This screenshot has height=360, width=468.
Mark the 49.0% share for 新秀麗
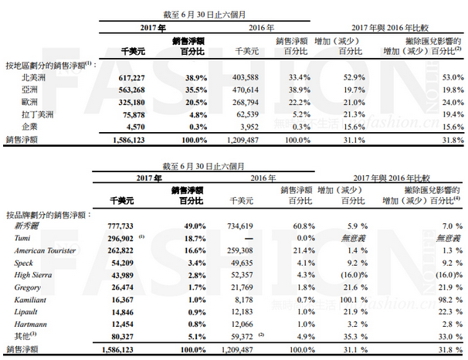pos(186,227)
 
